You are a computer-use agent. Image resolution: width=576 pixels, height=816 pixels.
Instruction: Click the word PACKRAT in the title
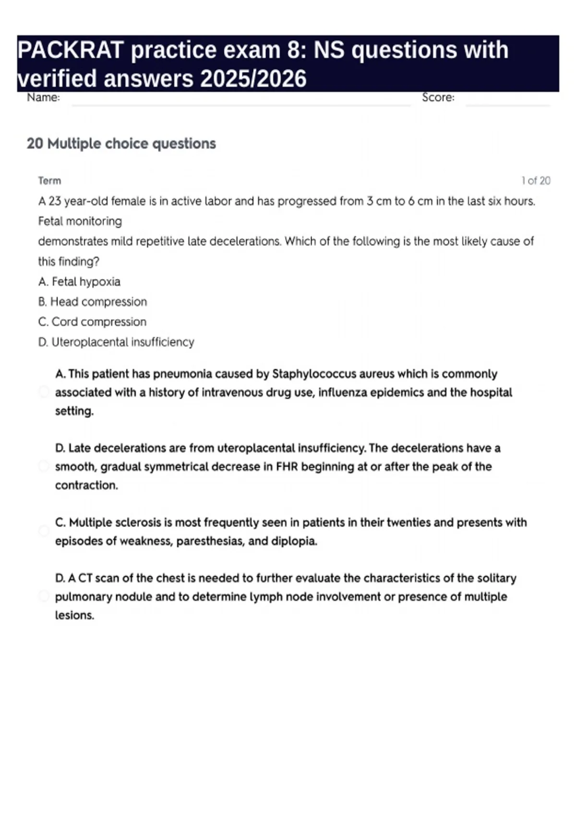(x=71, y=50)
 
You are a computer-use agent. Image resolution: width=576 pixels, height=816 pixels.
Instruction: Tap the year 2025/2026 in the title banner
(x=253, y=79)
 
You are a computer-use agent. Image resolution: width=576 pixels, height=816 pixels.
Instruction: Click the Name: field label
(x=43, y=97)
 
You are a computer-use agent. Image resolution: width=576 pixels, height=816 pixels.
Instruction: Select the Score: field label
(x=438, y=97)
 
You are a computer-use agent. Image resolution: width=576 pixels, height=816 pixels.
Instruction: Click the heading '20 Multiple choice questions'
(x=121, y=144)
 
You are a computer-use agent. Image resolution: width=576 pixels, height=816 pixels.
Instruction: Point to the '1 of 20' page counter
(x=536, y=181)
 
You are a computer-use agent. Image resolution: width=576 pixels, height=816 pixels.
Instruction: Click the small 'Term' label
(x=49, y=181)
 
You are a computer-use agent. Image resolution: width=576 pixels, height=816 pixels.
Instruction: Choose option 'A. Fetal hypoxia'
(x=79, y=282)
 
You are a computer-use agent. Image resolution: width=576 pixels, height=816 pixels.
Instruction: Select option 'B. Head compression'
(x=92, y=302)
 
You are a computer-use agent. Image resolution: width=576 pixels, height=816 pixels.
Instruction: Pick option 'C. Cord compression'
(x=92, y=322)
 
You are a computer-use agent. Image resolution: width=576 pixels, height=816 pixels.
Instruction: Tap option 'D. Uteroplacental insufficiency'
(x=116, y=342)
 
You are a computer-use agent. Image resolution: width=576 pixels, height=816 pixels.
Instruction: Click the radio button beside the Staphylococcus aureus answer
(x=44, y=392)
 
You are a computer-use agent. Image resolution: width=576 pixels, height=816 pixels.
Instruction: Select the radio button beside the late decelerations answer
(x=44, y=466)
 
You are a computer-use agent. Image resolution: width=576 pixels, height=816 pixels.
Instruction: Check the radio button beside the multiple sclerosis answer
(x=44, y=531)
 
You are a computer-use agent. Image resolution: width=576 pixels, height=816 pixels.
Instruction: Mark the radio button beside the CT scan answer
(x=44, y=596)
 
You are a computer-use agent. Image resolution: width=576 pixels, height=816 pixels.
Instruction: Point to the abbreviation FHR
(x=287, y=467)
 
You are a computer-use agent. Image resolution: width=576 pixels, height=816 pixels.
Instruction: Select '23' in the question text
(x=55, y=201)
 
